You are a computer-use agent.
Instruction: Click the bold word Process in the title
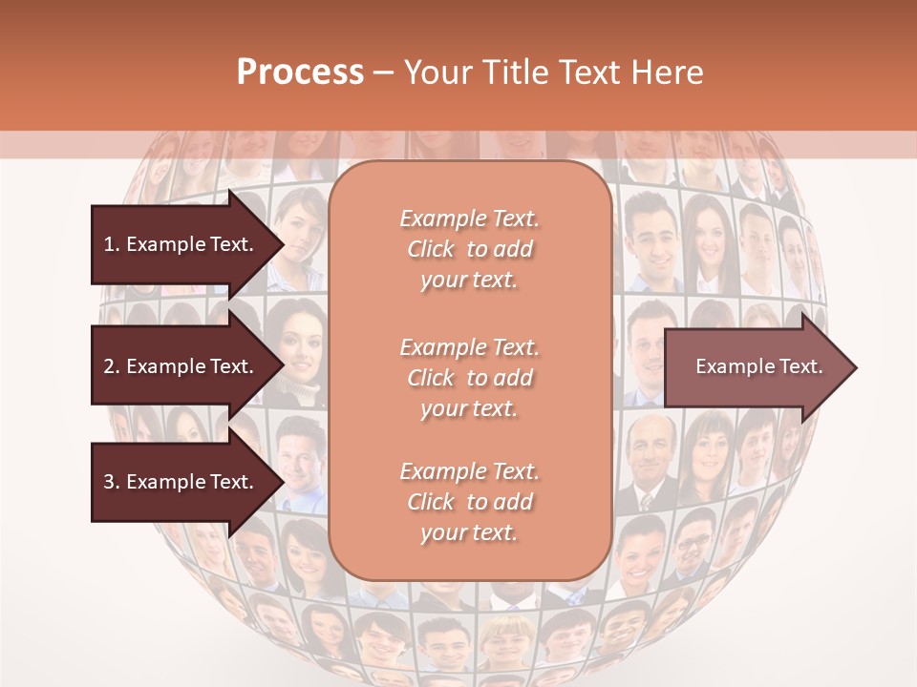300,73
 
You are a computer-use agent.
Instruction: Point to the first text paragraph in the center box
469,249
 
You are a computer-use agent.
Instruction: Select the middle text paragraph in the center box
469,378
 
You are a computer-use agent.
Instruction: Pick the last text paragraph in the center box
469,502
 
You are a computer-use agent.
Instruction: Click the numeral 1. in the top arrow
112,244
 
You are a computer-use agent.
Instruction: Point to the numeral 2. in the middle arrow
112,366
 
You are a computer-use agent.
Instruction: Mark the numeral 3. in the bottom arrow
112,482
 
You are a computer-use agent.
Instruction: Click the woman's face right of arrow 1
305,229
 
